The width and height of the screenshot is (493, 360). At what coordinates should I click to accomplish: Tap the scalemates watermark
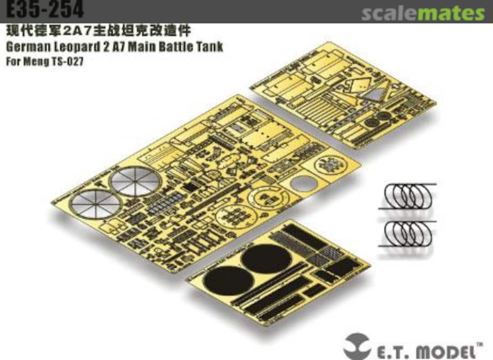point(423,13)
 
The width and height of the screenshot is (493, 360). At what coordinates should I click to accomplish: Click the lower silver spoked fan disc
point(95,204)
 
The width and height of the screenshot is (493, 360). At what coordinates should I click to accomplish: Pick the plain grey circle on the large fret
point(304,184)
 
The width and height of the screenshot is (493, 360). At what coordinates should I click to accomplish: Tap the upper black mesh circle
point(266,259)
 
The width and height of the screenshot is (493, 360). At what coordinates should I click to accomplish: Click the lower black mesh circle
point(229,280)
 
